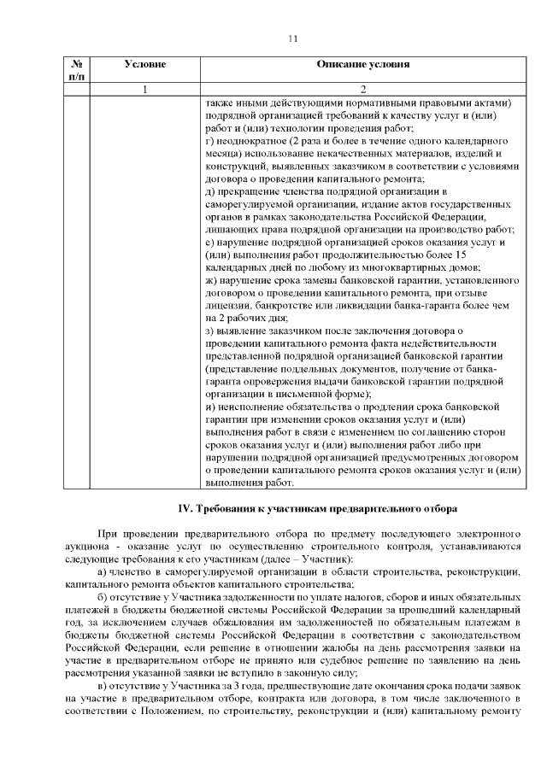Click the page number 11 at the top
click(292, 39)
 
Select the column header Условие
click(144, 64)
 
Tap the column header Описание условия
click(362, 64)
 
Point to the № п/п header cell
click(76, 70)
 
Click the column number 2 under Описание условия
click(362, 89)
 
